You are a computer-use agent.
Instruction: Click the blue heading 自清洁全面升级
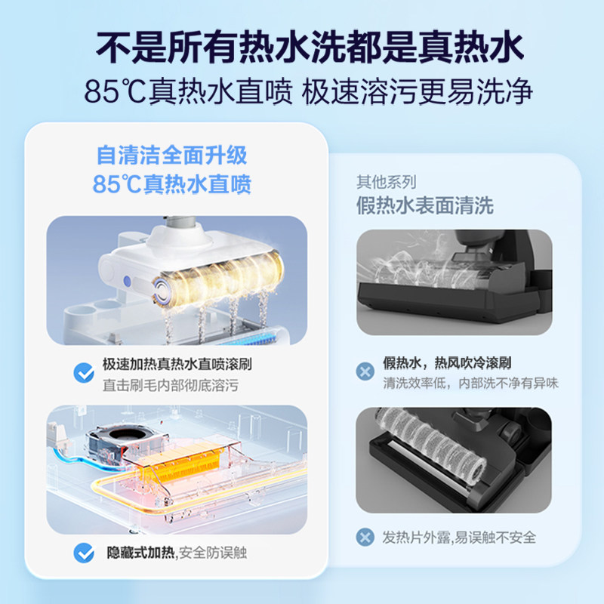[x=171, y=156]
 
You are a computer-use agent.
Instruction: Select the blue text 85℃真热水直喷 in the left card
[x=171, y=184]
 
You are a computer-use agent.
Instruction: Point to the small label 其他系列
[x=386, y=182]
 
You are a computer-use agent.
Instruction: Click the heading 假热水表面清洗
[x=425, y=205]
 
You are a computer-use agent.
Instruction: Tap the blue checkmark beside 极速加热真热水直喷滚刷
[x=83, y=373]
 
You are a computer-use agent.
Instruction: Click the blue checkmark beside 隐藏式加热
[x=83, y=553]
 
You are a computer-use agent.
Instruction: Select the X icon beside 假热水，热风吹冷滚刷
[x=365, y=370]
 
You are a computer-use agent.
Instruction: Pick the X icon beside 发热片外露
[x=365, y=538]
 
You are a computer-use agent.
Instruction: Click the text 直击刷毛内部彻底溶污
[x=171, y=386]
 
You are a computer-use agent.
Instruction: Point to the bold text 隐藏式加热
[x=138, y=553]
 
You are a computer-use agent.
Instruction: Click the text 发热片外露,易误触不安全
[x=458, y=538]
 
